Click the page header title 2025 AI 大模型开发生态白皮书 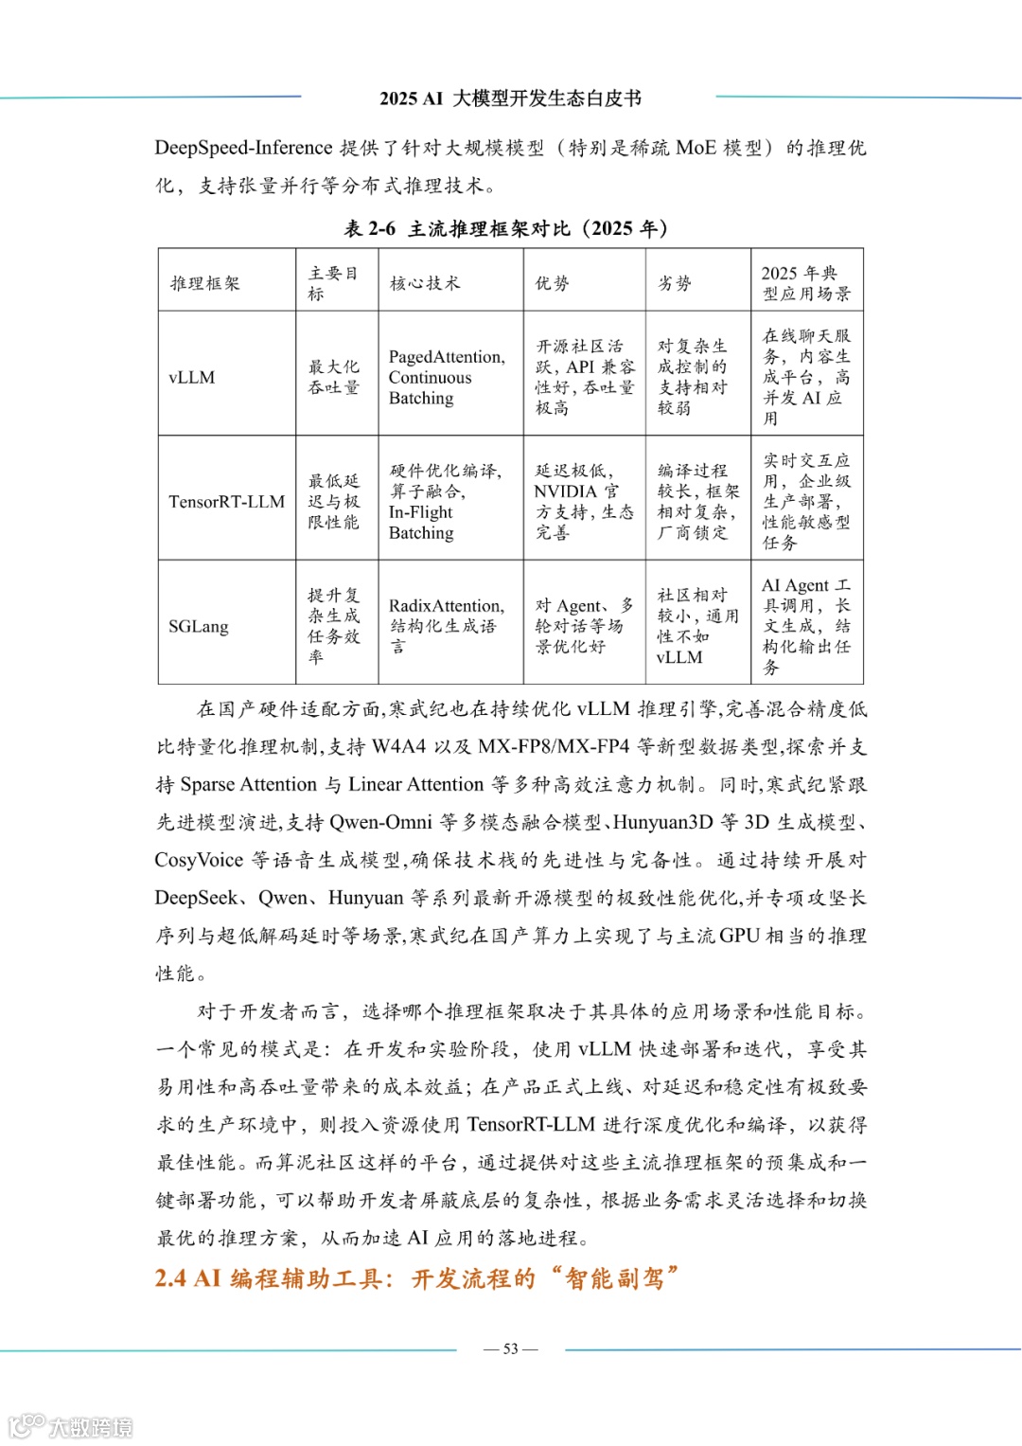(x=510, y=98)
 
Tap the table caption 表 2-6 (x=368, y=228)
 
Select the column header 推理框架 (x=205, y=283)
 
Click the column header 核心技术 (x=425, y=283)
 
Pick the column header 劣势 (x=675, y=283)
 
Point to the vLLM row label (x=192, y=377)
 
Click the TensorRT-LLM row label (x=226, y=502)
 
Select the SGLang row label (x=199, y=626)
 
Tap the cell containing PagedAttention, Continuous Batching (x=447, y=377)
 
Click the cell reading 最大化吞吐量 (x=334, y=377)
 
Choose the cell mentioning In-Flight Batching (x=446, y=502)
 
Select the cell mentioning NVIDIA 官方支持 (x=583, y=502)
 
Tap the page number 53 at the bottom (x=511, y=1348)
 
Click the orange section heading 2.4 (x=416, y=1278)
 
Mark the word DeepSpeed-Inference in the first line (x=243, y=148)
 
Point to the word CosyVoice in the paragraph (x=199, y=860)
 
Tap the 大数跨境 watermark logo (x=71, y=1426)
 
